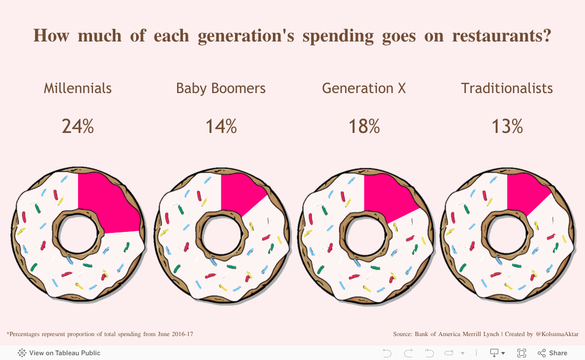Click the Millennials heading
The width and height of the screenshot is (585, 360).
click(78, 88)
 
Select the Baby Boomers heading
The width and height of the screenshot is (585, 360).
click(221, 88)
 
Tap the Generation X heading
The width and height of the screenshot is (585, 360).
click(364, 88)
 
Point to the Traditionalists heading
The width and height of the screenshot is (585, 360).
click(507, 88)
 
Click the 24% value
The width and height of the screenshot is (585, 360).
click(78, 127)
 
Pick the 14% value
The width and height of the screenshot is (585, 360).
click(221, 127)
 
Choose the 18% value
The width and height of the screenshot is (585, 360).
click(364, 127)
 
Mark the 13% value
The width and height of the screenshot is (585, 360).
click(507, 127)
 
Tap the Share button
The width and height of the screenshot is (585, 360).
click(553, 353)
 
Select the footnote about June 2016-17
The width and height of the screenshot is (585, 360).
click(99, 334)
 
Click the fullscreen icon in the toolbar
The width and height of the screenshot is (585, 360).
click(522, 353)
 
